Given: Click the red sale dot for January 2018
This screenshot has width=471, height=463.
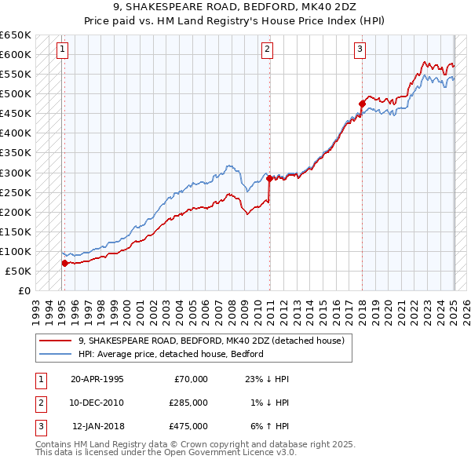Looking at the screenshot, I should click(362, 103).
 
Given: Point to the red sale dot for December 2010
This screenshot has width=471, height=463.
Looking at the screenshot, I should click(269, 178).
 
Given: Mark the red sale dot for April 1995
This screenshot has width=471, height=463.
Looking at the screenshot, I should click(64, 263).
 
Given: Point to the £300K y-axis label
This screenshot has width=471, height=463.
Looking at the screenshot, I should click(16, 173).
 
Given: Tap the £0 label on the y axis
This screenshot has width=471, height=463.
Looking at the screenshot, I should click(23, 290).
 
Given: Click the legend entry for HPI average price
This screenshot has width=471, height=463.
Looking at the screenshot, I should click(170, 354).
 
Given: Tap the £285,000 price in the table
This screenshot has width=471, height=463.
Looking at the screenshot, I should click(188, 403).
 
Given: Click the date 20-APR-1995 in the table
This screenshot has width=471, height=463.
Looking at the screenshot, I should click(97, 379).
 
